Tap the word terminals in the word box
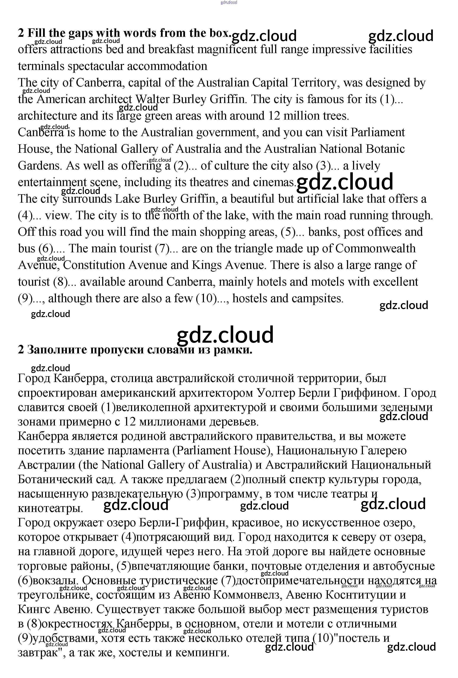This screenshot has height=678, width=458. coord(41,66)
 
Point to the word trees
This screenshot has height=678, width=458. coord(335,116)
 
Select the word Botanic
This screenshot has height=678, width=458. coord(385,149)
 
